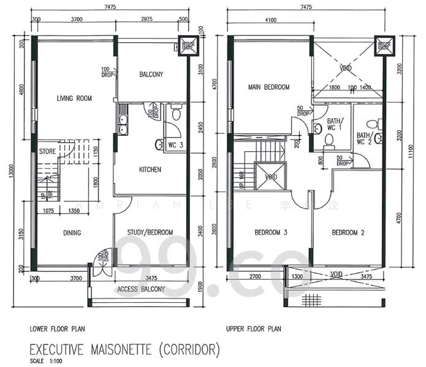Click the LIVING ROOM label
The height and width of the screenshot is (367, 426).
pyautogui.click(x=74, y=98)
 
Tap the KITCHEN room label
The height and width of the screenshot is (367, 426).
pyautogui.click(x=150, y=169)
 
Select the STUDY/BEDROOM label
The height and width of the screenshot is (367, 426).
pyautogui.click(x=150, y=232)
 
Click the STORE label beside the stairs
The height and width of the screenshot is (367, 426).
pyautogui.click(x=48, y=150)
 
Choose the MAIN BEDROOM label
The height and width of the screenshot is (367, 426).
pyautogui.click(x=268, y=87)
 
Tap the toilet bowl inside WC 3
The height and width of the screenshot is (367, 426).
pyautogui.click(x=160, y=144)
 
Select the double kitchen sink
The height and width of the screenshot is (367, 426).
pyautogui.click(x=123, y=125)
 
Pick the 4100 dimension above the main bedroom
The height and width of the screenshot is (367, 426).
pyautogui.click(x=270, y=20)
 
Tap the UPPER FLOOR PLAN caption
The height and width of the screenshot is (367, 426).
pyautogui.click(x=253, y=328)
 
